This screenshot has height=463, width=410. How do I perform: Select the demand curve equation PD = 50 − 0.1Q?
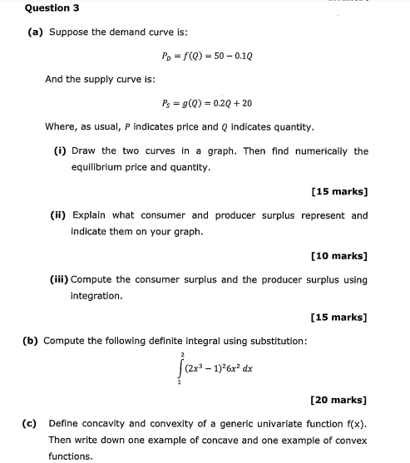pos(204,57)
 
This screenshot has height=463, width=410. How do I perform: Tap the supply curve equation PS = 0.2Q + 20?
pos(207,104)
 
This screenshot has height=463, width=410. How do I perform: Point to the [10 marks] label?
pos(338,255)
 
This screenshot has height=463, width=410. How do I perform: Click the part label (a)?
pos(35,32)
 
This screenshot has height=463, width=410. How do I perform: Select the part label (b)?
pos(32,341)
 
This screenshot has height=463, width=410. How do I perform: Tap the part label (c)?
pos(31,424)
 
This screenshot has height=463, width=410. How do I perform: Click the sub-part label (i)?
pos(60,151)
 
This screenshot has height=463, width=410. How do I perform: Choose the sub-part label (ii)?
pos(58,215)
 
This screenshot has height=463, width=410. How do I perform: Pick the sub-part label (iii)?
pos(60,279)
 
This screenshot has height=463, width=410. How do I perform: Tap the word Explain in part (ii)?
pos(90,215)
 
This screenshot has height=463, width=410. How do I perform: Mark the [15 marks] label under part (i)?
pos(338,191)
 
